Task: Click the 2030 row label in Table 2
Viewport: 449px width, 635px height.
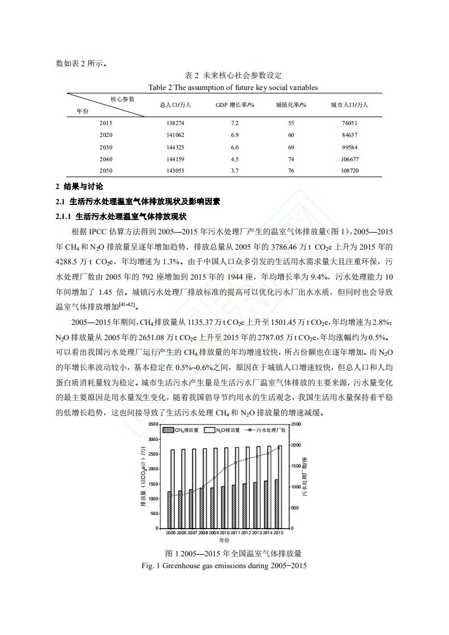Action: pos(106,147)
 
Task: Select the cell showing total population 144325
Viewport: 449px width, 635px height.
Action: pos(176,147)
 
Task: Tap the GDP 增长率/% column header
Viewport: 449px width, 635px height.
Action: pos(234,105)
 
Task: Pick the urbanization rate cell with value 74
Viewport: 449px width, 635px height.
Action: pos(291,159)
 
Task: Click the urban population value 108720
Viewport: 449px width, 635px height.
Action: pos(349,170)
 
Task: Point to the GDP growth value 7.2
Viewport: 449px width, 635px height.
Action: pos(234,123)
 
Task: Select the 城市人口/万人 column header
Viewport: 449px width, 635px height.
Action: pos(349,105)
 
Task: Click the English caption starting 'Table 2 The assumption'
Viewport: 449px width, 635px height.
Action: pos(233,87)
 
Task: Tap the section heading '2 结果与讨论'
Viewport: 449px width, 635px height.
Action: pos(79,187)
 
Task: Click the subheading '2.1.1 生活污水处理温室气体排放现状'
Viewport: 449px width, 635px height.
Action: pos(121,216)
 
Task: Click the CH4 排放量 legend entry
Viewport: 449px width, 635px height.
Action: pos(181,430)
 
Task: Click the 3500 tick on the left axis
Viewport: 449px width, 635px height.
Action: pos(151,424)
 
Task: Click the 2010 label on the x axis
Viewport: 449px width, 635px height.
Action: pos(224,533)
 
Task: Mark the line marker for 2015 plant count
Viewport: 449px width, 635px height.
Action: pos(279,447)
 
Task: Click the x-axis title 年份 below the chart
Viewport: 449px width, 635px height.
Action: pos(224,541)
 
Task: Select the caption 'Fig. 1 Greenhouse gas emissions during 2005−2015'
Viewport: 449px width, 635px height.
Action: pos(224,565)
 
